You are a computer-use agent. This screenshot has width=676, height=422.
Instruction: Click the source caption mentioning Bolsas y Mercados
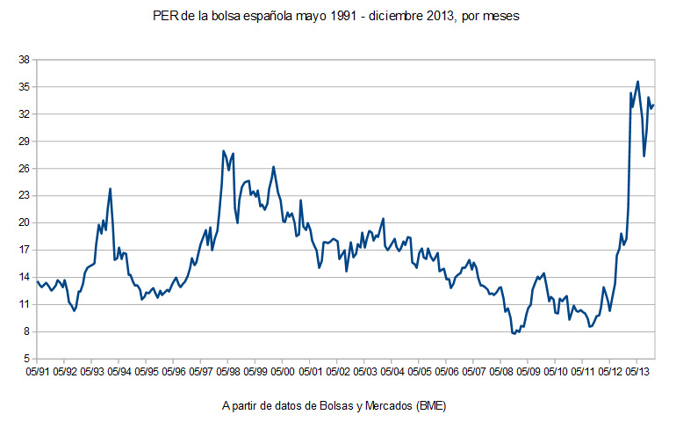tap(338, 405)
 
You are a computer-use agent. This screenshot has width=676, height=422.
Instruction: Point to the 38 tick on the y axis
tap(25, 60)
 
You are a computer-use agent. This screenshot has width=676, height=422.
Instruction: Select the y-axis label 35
tap(25, 87)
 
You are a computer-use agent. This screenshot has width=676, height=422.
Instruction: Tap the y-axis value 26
tap(25, 169)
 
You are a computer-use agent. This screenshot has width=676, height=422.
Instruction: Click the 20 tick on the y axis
tap(25, 223)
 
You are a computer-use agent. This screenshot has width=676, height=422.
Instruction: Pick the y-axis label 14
tap(25, 277)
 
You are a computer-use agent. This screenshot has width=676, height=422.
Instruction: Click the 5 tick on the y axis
tap(27, 359)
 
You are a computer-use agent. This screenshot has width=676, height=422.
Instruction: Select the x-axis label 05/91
tap(37, 371)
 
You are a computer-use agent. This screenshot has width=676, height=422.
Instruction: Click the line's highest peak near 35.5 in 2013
tap(637, 82)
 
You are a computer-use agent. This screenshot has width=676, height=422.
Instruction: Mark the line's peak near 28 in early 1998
tap(224, 150)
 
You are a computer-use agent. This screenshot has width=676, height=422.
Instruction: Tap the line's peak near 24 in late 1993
tap(110, 188)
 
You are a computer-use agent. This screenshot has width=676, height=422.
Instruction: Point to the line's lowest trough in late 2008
tap(514, 334)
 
